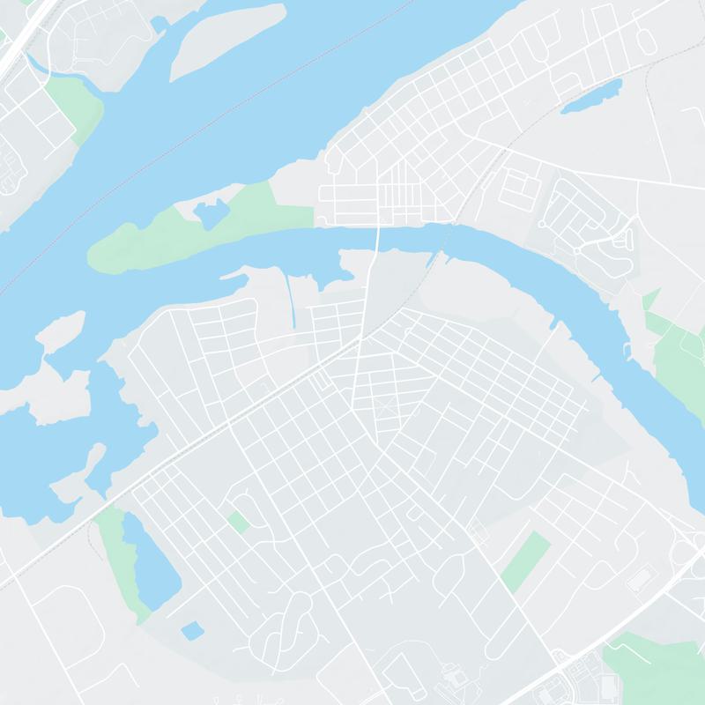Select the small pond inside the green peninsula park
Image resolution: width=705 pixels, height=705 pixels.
click(211, 214)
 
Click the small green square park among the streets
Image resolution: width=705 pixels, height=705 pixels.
click(238, 521)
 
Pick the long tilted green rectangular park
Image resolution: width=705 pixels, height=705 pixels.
click(526, 562)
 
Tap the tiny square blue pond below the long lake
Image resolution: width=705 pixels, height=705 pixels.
click(191, 630)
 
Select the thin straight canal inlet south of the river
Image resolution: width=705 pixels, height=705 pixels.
click(292, 300)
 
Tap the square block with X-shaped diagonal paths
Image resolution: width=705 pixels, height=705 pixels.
click(386, 408)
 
